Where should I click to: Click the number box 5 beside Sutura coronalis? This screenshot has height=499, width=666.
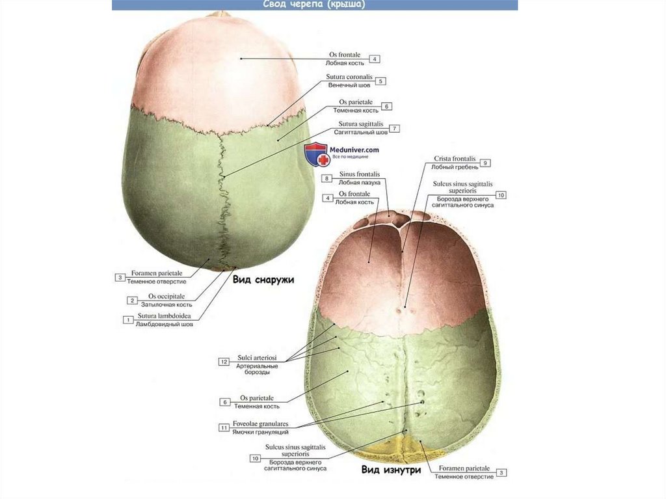click(381, 81)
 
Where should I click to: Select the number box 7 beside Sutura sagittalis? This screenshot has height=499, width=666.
click(395, 128)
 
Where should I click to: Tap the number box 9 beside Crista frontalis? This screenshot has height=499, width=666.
click(486, 163)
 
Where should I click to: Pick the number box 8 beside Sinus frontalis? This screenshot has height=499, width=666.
click(327, 178)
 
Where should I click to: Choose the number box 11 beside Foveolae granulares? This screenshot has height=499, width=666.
click(224, 427)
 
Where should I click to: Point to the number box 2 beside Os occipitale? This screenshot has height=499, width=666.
click(133, 301)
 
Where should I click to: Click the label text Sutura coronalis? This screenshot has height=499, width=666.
click(348, 77)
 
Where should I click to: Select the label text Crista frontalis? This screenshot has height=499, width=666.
click(455, 159)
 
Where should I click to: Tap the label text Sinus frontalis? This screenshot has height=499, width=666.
click(359, 174)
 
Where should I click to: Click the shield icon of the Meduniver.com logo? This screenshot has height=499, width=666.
click(317, 154)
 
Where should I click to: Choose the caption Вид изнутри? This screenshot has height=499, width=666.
click(391, 469)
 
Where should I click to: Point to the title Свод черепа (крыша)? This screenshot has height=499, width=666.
click(314, 5)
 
